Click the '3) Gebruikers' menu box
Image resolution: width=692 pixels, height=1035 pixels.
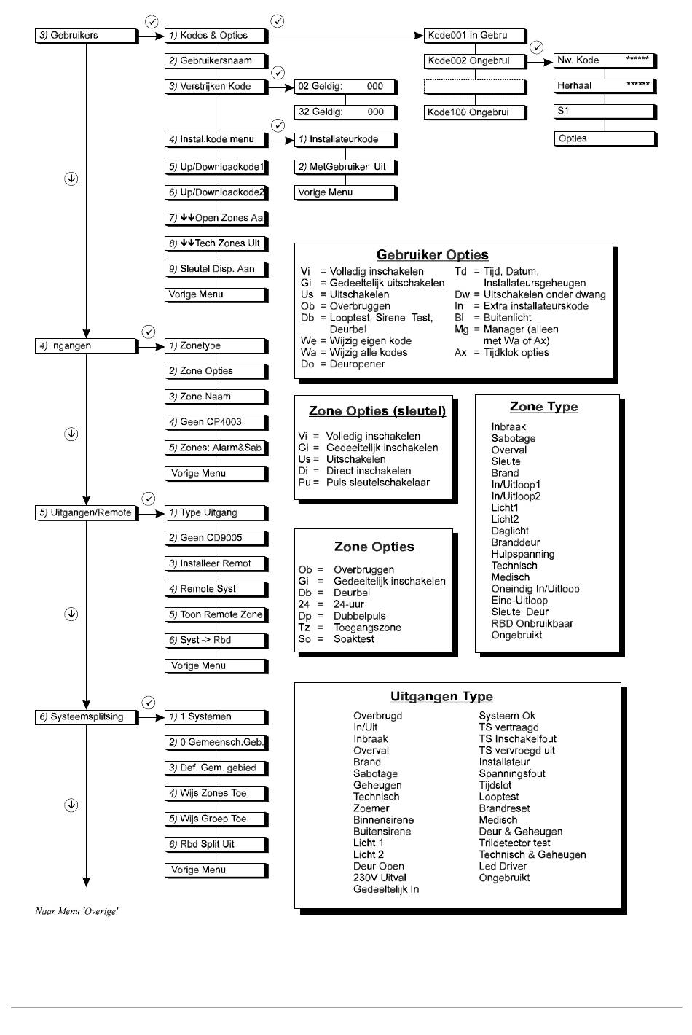tap(86, 35)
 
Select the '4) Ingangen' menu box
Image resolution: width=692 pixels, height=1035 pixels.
tap(86, 346)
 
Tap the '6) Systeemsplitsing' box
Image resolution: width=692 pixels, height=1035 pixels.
tap(86, 717)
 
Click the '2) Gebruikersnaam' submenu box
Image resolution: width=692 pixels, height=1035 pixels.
tap(216, 61)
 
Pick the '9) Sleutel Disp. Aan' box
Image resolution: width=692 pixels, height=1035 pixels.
tap(216, 269)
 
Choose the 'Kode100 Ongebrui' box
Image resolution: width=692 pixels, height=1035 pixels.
tap(475, 112)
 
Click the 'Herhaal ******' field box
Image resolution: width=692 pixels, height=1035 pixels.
tap(605, 85)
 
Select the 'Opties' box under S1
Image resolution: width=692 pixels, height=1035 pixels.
tap(605, 138)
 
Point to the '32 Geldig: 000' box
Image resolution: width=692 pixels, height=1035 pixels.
tap(345, 112)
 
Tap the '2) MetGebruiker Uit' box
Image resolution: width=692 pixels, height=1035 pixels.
tap(345, 167)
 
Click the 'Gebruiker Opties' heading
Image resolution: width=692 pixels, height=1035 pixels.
tap(432, 255)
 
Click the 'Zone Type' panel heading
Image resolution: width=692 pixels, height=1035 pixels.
tap(543, 407)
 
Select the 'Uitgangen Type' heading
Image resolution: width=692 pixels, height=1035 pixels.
tap(441, 697)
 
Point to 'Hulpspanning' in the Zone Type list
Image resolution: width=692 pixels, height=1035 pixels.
tap(522, 554)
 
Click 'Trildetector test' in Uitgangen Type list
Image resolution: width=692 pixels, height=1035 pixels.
tap(514, 843)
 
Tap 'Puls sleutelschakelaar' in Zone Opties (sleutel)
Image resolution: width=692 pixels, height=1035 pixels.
tap(377, 483)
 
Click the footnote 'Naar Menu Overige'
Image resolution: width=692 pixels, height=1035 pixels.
tap(76, 912)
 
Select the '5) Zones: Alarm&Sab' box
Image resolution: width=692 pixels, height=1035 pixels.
tap(216, 448)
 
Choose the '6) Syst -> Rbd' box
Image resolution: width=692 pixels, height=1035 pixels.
tap(216, 641)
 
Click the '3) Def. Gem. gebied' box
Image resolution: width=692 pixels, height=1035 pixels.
tap(216, 768)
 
